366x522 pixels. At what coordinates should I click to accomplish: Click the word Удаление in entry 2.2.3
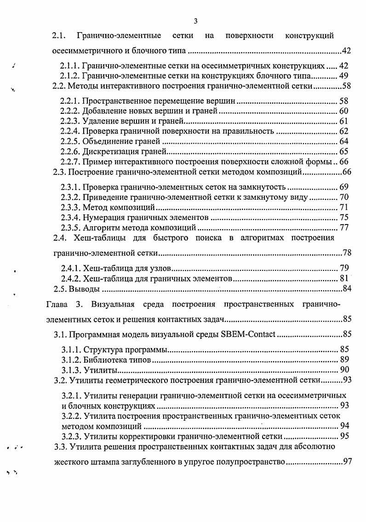pyautogui.click(x=98, y=121)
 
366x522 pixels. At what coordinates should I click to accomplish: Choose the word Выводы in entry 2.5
pyautogui.click(x=85, y=289)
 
